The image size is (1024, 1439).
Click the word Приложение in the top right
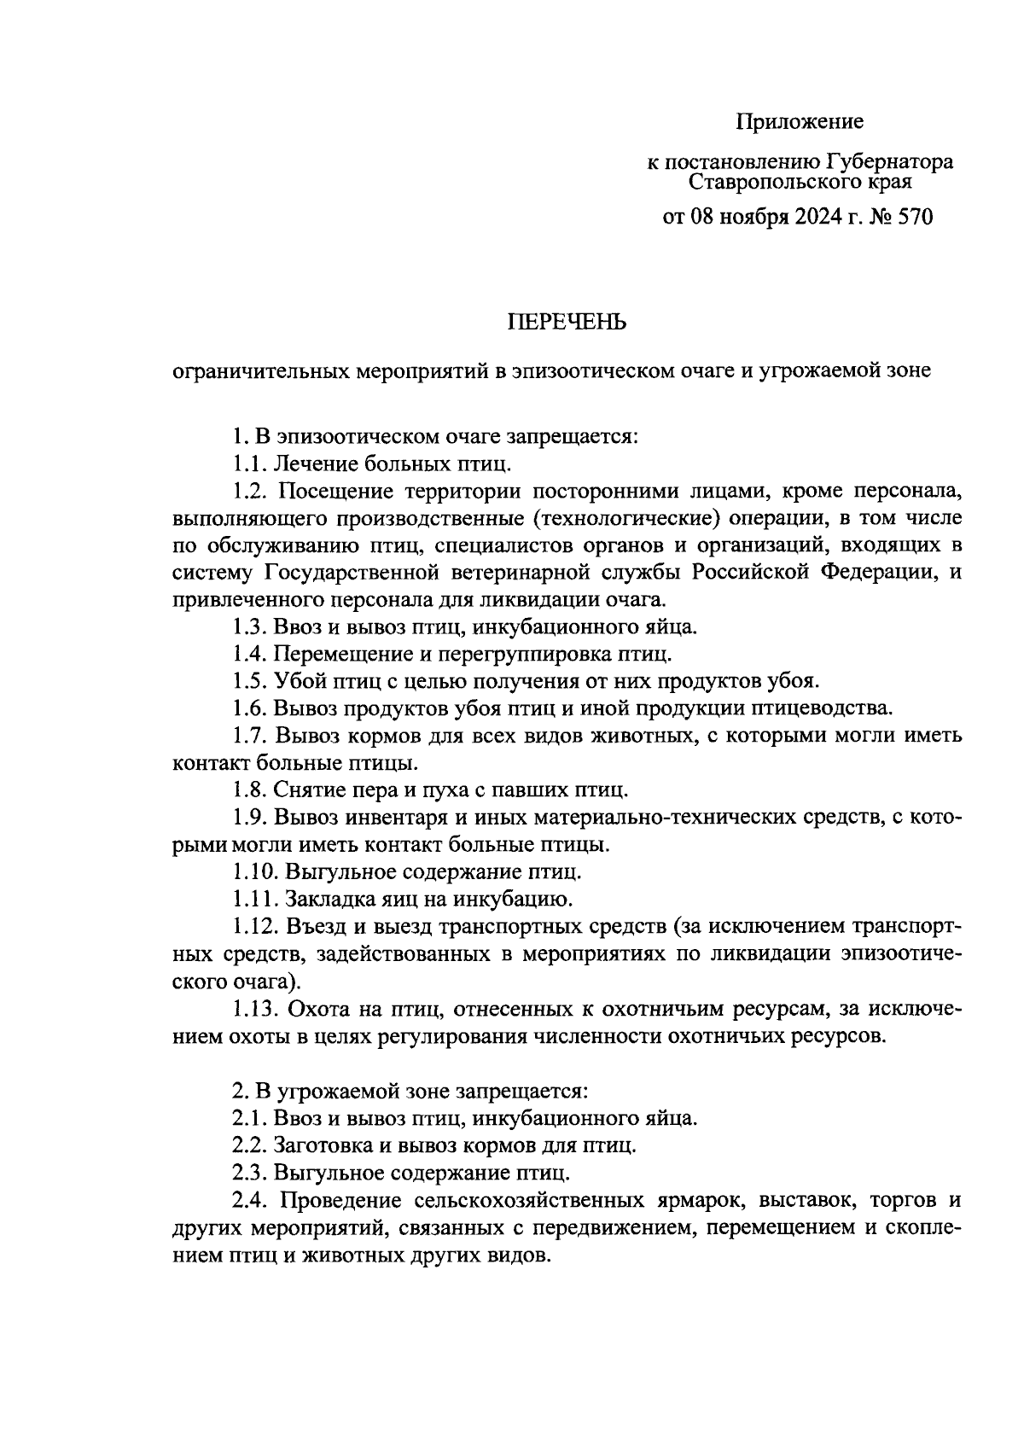point(800,122)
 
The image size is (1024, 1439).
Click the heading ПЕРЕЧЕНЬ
point(567,322)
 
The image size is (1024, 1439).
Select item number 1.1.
point(250,464)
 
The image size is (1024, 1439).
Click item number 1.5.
point(250,681)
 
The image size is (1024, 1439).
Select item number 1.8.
point(250,789)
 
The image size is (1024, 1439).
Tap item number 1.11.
point(256,899)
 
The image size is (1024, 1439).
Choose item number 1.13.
point(256,1008)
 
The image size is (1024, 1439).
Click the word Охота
point(319,1008)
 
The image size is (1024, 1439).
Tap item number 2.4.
point(251,1199)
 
